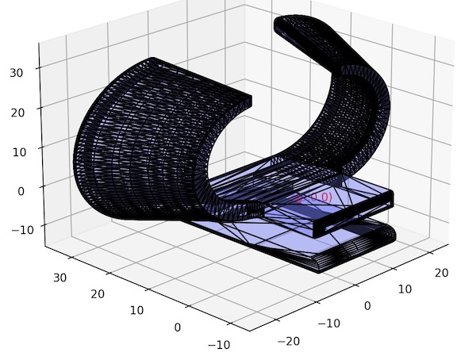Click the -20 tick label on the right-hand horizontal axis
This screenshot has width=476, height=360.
(290, 341)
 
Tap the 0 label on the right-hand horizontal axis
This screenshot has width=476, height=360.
(367, 305)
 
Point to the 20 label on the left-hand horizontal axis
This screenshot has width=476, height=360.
(98, 294)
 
